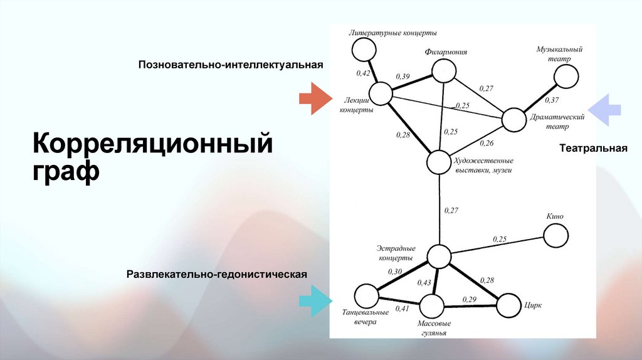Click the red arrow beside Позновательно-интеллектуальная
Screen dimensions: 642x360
pyautogui.click(x=315, y=100)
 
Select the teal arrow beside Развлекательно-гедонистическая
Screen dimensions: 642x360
pyautogui.click(x=315, y=300)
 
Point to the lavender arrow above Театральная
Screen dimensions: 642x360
pyautogui.click(x=605, y=110)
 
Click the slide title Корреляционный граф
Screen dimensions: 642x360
pyautogui.click(x=153, y=157)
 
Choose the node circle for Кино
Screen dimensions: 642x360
pyautogui.click(x=555, y=236)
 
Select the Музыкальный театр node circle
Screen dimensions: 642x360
pyautogui.click(x=567, y=77)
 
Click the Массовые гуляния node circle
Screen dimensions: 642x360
pyautogui.click(x=431, y=307)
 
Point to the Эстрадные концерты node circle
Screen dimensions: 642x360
pyautogui.click(x=439, y=255)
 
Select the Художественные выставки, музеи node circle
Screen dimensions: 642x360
pyautogui.click(x=438, y=163)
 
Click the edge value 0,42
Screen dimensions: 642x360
pyautogui.click(x=363, y=73)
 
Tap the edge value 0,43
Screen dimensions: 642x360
pyautogui.click(x=424, y=282)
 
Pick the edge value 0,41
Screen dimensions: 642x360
pyautogui.click(x=402, y=308)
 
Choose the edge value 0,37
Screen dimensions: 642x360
pyautogui.click(x=552, y=100)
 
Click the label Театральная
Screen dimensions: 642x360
pyautogui.click(x=594, y=149)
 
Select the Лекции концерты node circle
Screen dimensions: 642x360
pyautogui.click(x=380, y=94)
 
